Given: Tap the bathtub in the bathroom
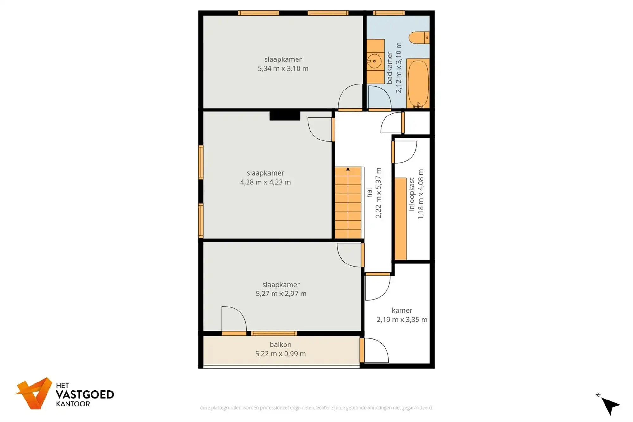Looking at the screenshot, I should (418, 83).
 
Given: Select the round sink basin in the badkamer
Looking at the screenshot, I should (374, 61).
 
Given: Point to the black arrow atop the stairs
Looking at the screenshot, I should (348, 169).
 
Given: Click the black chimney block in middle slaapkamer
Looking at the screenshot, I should (285, 115).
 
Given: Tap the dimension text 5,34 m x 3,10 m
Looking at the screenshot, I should (283, 69).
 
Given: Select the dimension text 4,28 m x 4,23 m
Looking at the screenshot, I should (265, 182).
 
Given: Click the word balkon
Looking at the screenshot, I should (280, 344).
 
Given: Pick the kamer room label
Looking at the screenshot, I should (402, 310).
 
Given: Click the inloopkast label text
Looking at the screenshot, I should (411, 194).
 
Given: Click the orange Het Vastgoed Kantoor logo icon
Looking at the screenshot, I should (34, 393).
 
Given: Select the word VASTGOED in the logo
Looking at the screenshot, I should (85, 394).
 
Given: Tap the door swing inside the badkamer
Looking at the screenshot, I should (379, 97).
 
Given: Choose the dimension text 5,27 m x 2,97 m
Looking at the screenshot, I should (281, 294).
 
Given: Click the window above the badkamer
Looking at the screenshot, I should (389, 13).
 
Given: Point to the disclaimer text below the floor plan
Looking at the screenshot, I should (316, 408).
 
